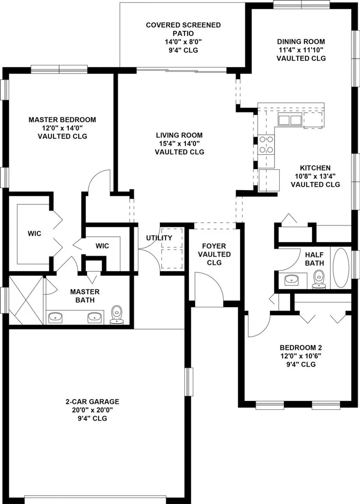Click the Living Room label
(x=179, y=135)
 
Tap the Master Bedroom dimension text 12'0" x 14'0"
(x=62, y=128)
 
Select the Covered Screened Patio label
(x=183, y=29)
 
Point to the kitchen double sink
(x=290, y=119)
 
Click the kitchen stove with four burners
(x=266, y=144)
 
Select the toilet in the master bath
(x=116, y=315)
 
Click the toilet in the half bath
(x=319, y=279)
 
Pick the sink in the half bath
(x=292, y=280)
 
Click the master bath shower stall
(x=26, y=301)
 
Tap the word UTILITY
(x=159, y=238)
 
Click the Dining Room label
(x=301, y=41)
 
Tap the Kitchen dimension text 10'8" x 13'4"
(x=315, y=176)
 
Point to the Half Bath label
(x=314, y=259)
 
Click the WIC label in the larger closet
(x=34, y=234)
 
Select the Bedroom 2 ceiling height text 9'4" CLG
(x=301, y=364)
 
